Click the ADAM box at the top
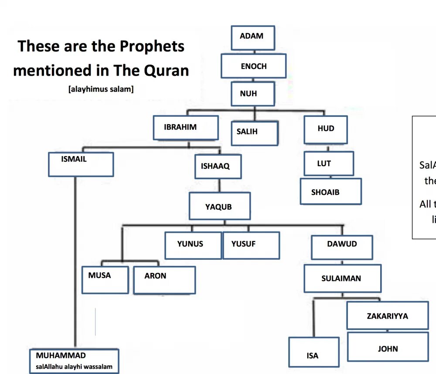click(x=252, y=37)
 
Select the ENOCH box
click(x=253, y=66)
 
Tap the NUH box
click(x=253, y=94)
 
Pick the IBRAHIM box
click(x=185, y=127)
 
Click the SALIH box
click(x=254, y=133)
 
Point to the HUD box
click(x=326, y=129)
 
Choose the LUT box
click(x=328, y=163)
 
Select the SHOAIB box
click(x=330, y=191)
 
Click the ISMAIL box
click(x=81, y=164)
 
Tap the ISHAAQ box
click(x=218, y=167)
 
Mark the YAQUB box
click(x=219, y=206)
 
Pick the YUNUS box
click(x=193, y=245)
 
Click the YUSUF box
click(x=251, y=245)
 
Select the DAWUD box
click(x=342, y=247)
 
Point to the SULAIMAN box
click(x=342, y=279)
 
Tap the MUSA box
click(x=105, y=279)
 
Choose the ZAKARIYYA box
click(x=387, y=315)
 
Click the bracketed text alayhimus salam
click(x=101, y=89)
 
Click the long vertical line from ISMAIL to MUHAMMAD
click(x=75, y=262)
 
